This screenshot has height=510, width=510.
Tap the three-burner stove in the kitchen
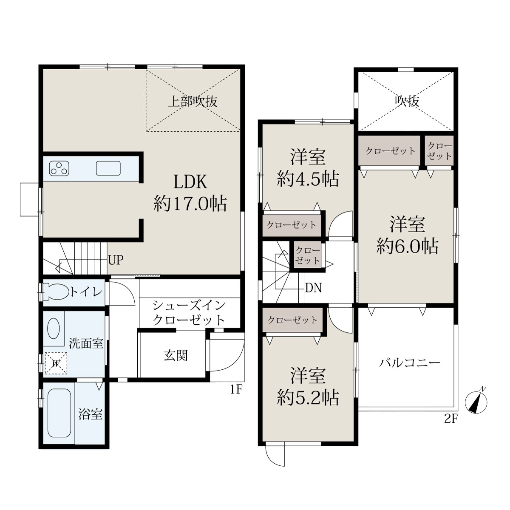(59, 168)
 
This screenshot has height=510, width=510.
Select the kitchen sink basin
(108, 168)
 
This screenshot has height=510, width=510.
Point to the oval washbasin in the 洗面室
(53, 328)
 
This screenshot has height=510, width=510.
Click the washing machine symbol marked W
(56, 363)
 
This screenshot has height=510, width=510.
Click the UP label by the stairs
(116, 261)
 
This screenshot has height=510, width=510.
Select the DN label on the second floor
(314, 288)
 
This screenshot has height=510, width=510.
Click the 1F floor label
(236, 389)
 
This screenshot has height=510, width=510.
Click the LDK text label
(190, 182)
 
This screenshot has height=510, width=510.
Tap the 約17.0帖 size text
(190, 203)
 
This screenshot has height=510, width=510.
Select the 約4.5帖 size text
(308, 179)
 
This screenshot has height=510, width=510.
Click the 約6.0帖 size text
(407, 246)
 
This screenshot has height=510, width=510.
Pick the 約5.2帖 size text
(308, 397)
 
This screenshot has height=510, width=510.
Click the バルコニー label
(409, 363)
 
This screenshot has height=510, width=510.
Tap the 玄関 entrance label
(176, 355)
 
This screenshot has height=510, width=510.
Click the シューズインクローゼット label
(189, 313)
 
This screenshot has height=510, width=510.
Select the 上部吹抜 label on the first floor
(193, 102)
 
